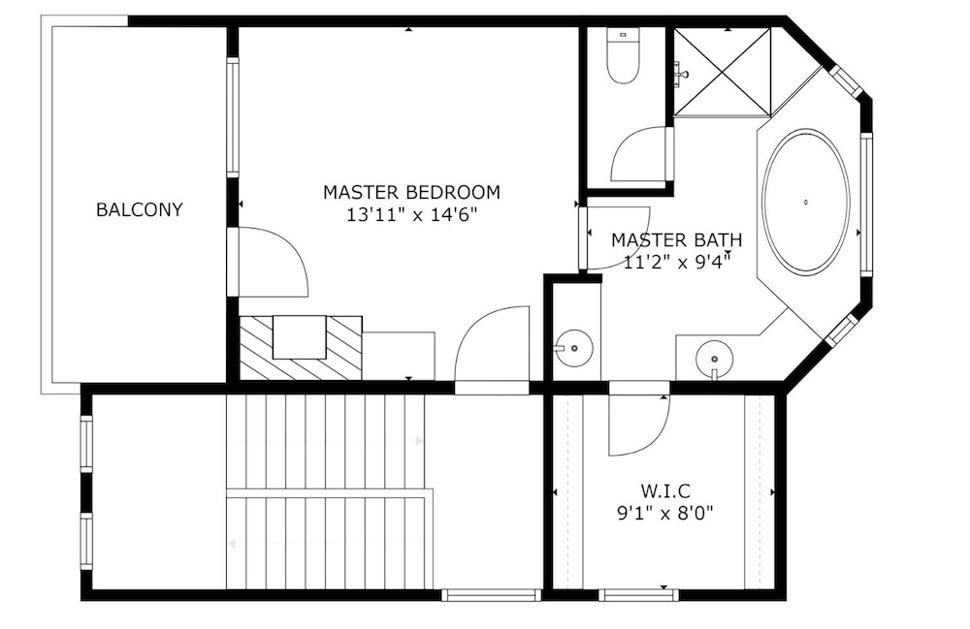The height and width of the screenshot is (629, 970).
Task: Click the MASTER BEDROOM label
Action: click(x=411, y=192)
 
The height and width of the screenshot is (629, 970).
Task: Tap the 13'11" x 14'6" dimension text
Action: click(x=412, y=215)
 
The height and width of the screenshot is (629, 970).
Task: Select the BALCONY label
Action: click(x=139, y=210)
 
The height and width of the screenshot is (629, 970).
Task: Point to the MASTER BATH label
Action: click(x=676, y=239)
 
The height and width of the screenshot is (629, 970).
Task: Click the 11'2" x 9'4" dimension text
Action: click(x=677, y=263)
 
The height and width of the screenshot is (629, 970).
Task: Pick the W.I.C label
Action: click(x=665, y=491)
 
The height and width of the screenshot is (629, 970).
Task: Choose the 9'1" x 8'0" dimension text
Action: click(x=665, y=514)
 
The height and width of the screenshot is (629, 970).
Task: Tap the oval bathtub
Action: click(x=806, y=202)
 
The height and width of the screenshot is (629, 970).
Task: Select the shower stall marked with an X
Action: click(x=723, y=72)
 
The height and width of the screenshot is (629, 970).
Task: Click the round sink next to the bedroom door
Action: click(x=574, y=349)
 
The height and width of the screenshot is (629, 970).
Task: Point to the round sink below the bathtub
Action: click(x=715, y=359)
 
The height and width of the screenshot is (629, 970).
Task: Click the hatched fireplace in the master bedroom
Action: click(x=301, y=348)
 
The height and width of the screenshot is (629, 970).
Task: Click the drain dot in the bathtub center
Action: click(x=806, y=202)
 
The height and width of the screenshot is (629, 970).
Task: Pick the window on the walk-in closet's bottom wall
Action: click(x=638, y=595)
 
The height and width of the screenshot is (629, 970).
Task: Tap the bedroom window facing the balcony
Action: click(x=233, y=117)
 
